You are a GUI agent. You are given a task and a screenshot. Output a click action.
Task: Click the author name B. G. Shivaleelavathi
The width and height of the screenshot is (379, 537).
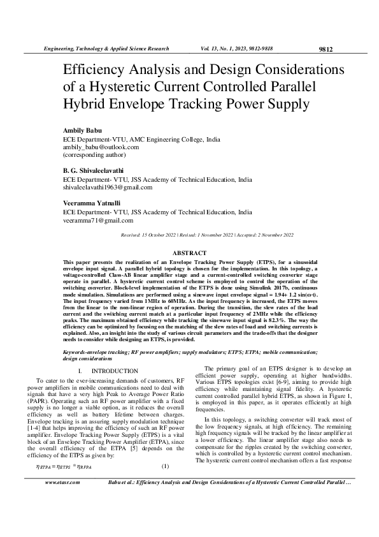tap(92, 171)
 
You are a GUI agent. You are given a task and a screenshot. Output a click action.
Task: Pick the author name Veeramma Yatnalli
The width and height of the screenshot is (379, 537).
tap(89, 203)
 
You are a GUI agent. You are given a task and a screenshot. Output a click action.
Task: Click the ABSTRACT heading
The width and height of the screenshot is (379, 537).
tap(189, 253)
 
